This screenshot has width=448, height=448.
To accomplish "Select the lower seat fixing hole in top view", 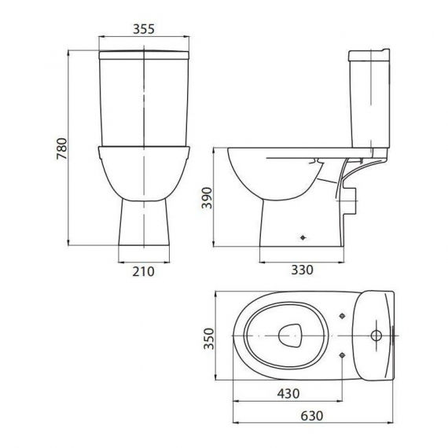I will [x=342, y=355].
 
